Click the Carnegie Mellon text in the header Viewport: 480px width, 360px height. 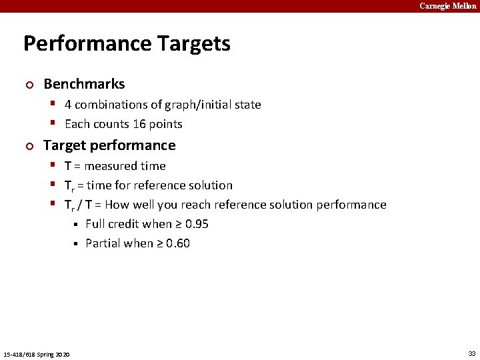[x=447, y=6]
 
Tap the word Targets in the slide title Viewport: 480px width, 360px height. [x=194, y=44]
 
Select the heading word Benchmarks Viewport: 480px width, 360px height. [x=84, y=84]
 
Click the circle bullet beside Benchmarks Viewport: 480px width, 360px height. [x=29, y=85]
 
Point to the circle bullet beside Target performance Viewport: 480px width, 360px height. [x=29, y=146]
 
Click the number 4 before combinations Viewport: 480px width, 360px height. [x=68, y=105]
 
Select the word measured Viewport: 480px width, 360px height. [x=111, y=166]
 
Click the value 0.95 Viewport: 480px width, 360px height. [x=197, y=224]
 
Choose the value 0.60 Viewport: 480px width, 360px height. [x=178, y=243]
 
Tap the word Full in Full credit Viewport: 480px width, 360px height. [x=95, y=224]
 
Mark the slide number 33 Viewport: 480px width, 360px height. [x=471, y=353]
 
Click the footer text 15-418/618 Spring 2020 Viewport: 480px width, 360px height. [x=37, y=353]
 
